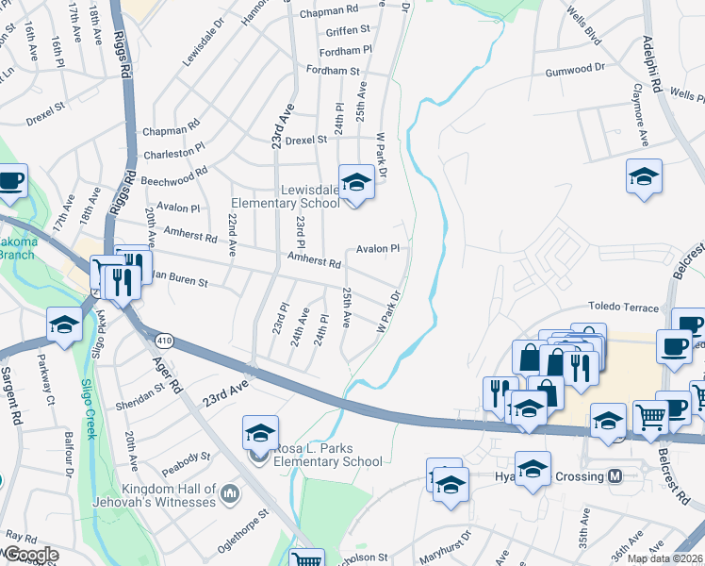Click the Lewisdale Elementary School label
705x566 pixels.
(286, 196)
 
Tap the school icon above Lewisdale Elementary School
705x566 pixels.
(357, 181)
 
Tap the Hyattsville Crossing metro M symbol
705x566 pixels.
(615, 476)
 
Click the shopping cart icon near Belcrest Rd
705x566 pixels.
(649, 415)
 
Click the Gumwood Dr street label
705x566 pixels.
(575, 70)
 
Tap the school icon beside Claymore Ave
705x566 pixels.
(644, 177)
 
